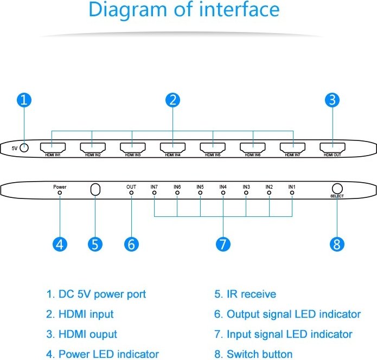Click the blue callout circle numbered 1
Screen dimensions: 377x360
[24, 100]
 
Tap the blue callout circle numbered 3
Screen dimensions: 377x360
[332, 100]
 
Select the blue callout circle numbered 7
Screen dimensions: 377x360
[223, 244]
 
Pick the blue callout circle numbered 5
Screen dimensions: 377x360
[95, 244]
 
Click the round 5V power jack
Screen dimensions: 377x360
[24, 148]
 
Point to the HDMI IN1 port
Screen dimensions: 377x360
[53, 147]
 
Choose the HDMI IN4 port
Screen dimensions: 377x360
[172, 147]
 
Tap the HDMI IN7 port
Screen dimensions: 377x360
[292, 147]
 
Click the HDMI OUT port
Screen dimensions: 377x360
[333, 147]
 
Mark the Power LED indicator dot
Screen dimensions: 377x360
[60, 192]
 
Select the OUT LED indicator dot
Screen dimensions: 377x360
[131, 192]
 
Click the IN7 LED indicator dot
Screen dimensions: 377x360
[155, 192]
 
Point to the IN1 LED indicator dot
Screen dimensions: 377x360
[292, 192]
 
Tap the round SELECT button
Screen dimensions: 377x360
[337, 189]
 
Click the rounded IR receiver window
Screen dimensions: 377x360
[95, 190]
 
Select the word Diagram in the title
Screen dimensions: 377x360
[127, 10]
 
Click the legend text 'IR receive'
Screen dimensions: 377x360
[252, 294]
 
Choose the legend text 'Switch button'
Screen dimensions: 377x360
[260, 354]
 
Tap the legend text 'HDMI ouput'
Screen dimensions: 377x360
[88, 335]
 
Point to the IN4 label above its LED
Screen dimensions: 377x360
[223, 187]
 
